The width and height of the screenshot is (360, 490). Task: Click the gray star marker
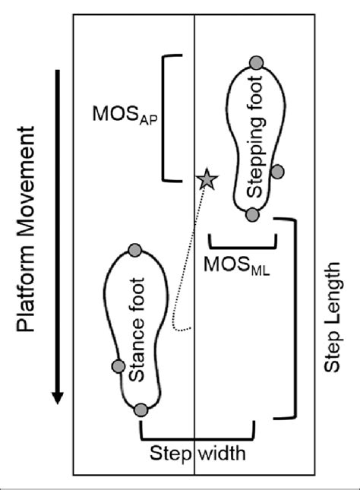coord(206,179)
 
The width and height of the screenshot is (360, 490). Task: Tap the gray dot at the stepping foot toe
coord(256,62)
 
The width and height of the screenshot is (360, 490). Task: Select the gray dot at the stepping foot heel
coord(252,214)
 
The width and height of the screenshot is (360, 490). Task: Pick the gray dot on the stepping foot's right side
coord(278,172)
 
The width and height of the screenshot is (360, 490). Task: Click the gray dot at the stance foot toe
coord(135,250)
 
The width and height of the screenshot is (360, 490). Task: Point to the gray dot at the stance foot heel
coord(140,410)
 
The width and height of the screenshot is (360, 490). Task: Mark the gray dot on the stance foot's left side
coord(117,367)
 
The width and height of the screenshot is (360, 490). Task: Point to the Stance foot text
coord(139,329)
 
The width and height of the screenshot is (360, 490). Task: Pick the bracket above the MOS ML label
coord(242,244)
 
